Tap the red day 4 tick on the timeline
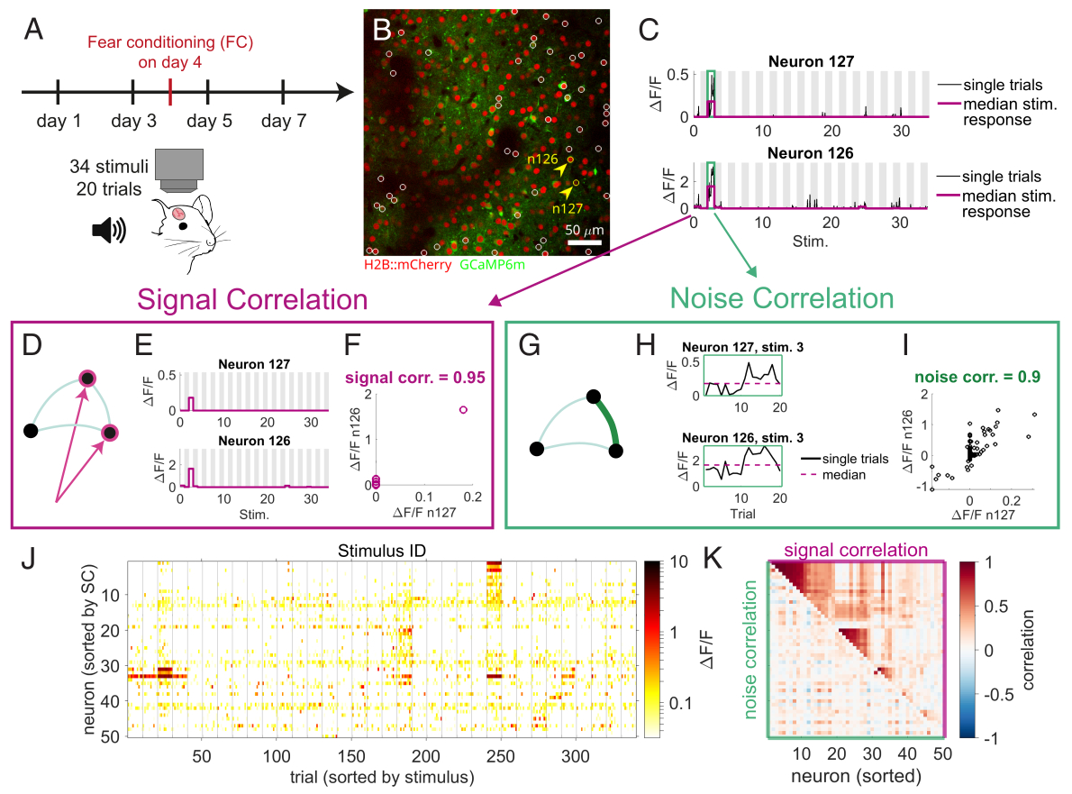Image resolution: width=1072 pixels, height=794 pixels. (170, 91)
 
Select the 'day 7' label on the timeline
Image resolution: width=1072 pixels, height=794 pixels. (283, 120)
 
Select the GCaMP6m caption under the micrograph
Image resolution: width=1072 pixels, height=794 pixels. (492, 266)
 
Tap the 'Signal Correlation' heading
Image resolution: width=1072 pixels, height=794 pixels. (251, 298)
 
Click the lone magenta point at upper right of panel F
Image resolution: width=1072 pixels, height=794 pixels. (463, 409)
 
